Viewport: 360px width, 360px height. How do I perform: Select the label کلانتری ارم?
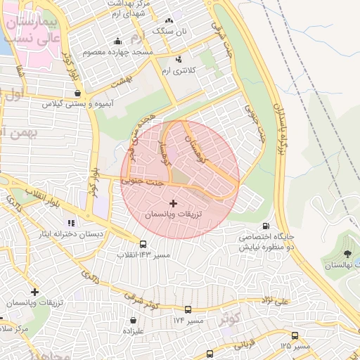pyautogui.click(x=175, y=72)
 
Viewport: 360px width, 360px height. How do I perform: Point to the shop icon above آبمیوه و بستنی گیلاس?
pyautogui.click(x=77, y=93)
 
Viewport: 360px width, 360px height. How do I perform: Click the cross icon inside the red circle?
pyautogui.click(x=174, y=203)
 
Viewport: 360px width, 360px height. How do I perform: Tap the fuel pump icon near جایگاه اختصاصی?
pyautogui.click(x=265, y=226)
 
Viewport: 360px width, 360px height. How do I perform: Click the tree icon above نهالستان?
pyautogui.click(x=348, y=254)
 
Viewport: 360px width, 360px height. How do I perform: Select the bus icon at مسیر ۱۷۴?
pyautogui.click(x=187, y=309)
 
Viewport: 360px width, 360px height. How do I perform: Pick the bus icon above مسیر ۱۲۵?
pyautogui.click(x=295, y=335)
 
